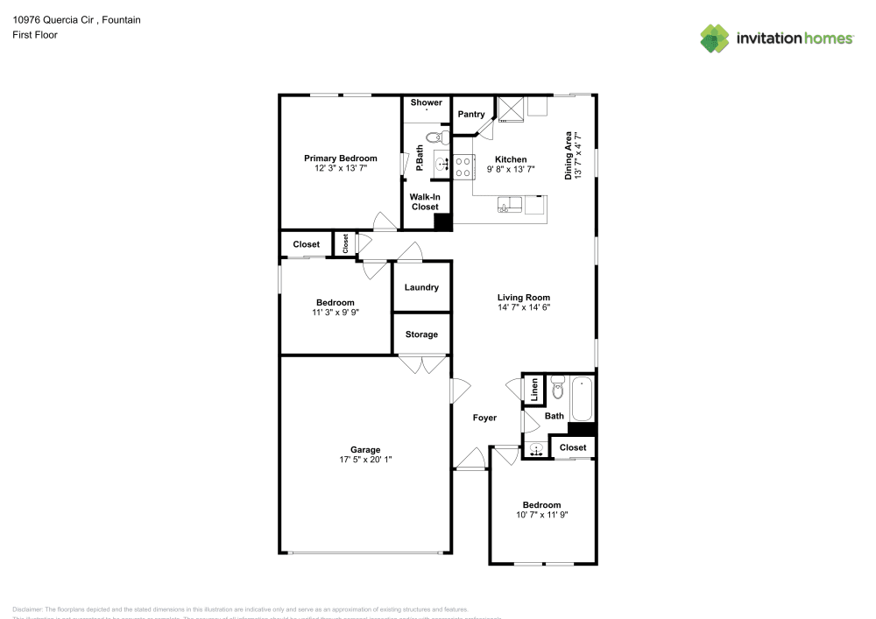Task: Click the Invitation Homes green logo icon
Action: tap(715, 38)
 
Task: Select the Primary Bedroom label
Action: tap(340, 158)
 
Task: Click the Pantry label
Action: tap(471, 115)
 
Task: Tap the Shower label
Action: tap(426, 103)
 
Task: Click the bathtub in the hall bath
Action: tap(582, 398)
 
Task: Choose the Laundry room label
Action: tap(421, 287)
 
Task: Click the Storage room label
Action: tap(421, 334)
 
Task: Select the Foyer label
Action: tap(484, 418)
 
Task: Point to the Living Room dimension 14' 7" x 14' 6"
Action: tap(524, 307)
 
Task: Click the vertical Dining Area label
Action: tap(572, 155)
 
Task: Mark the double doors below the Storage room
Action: tap(421, 364)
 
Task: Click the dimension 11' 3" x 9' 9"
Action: tap(336, 312)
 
